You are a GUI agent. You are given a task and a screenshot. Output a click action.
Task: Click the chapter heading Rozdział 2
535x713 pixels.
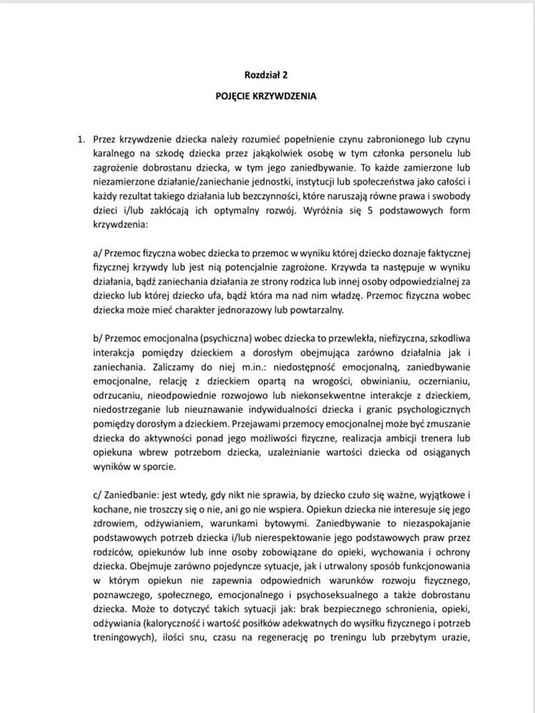point(266,73)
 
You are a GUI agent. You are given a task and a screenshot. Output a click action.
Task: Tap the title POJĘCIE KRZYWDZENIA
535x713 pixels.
point(266,94)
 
